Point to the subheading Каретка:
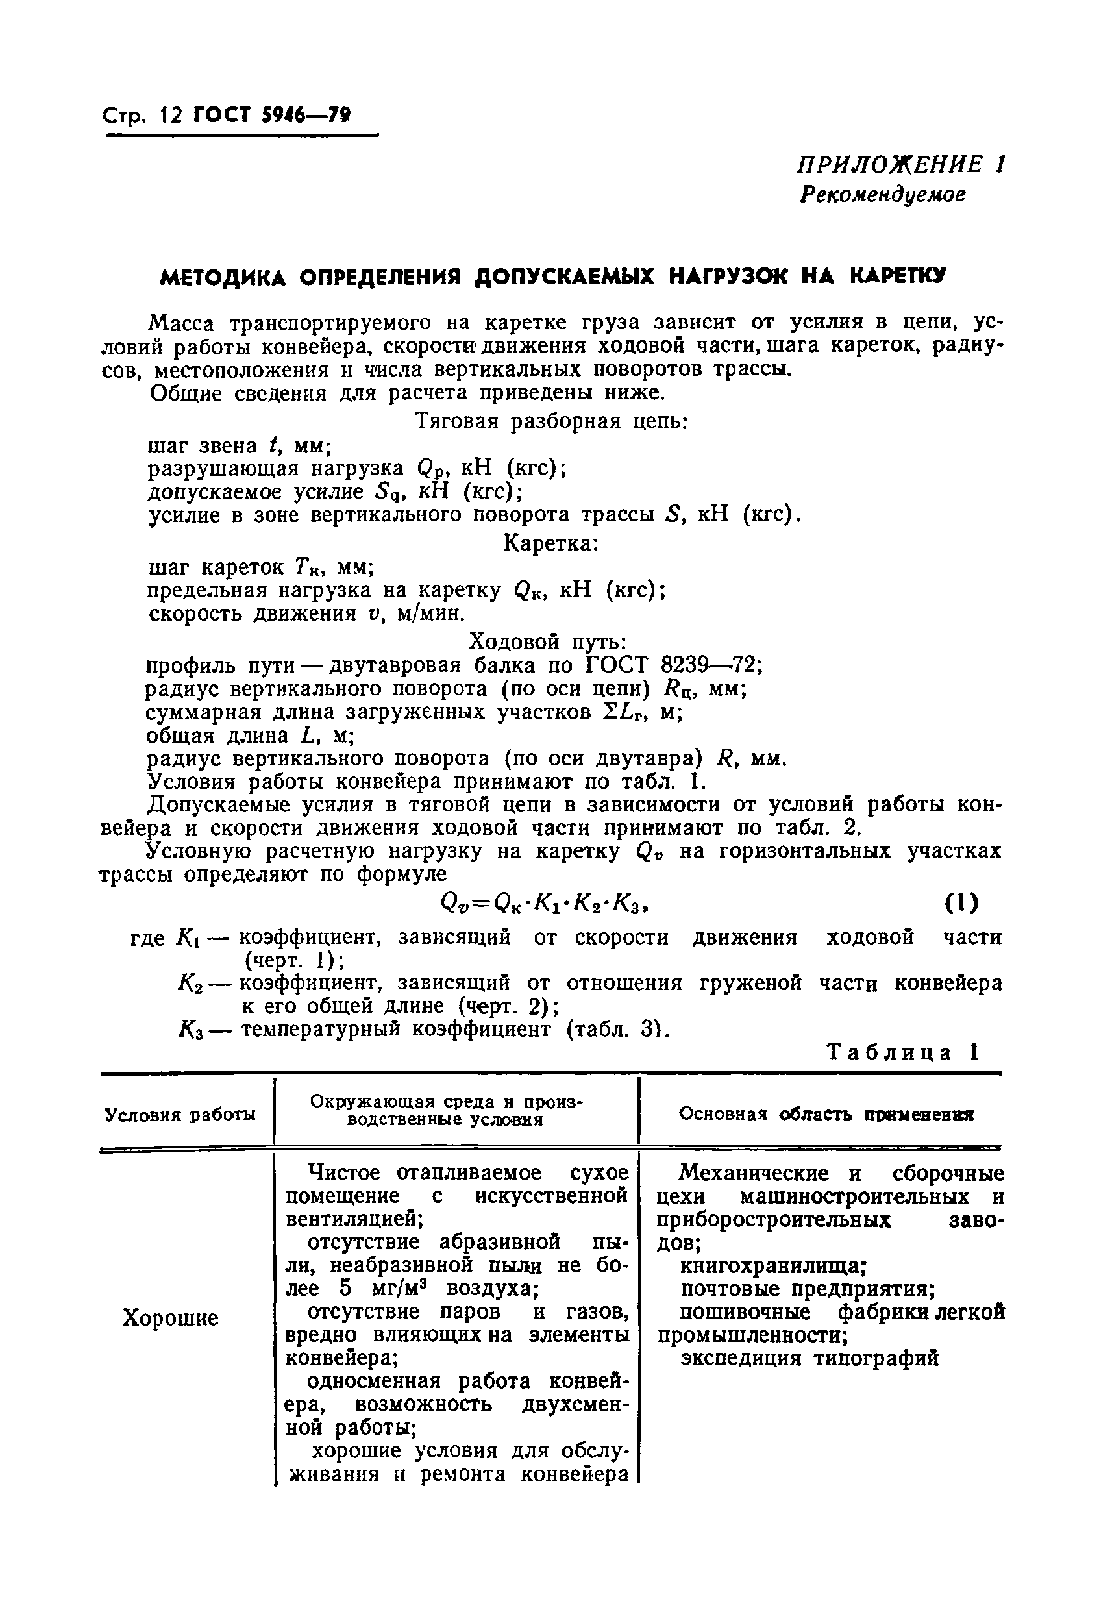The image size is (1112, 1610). (550, 542)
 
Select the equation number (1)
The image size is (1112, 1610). (961, 904)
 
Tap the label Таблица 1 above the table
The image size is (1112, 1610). (903, 1052)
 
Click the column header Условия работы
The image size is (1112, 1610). (180, 1115)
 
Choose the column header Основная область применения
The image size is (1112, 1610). (826, 1114)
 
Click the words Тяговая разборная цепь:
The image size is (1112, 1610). (551, 421)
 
